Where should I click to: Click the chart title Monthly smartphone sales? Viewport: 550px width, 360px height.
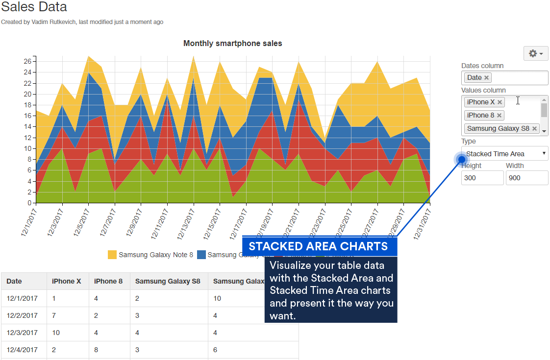[232, 43]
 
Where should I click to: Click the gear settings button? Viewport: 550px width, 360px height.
[536, 53]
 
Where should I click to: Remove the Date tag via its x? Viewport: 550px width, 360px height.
[486, 77]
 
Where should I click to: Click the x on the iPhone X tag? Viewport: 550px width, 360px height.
[500, 102]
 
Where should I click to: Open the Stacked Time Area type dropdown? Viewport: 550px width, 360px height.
[505, 153]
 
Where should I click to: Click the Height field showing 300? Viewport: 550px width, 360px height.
[482, 178]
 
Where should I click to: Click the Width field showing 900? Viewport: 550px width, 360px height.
[527, 178]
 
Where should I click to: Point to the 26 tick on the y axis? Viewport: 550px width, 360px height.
[27, 61]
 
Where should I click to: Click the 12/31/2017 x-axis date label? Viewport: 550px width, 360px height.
[422, 222]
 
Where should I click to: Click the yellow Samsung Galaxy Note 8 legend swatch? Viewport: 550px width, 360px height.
[112, 255]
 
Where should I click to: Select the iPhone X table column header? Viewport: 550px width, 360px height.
[67, 281]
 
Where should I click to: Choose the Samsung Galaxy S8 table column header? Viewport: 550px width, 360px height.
[168, 281]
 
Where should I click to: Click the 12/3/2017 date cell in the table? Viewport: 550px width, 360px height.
[22, 333]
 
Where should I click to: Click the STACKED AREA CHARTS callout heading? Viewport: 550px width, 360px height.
[319, 246]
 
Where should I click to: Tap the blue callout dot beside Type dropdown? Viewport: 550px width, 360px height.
[461, 159]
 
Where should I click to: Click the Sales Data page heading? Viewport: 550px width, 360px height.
[34, 7]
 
